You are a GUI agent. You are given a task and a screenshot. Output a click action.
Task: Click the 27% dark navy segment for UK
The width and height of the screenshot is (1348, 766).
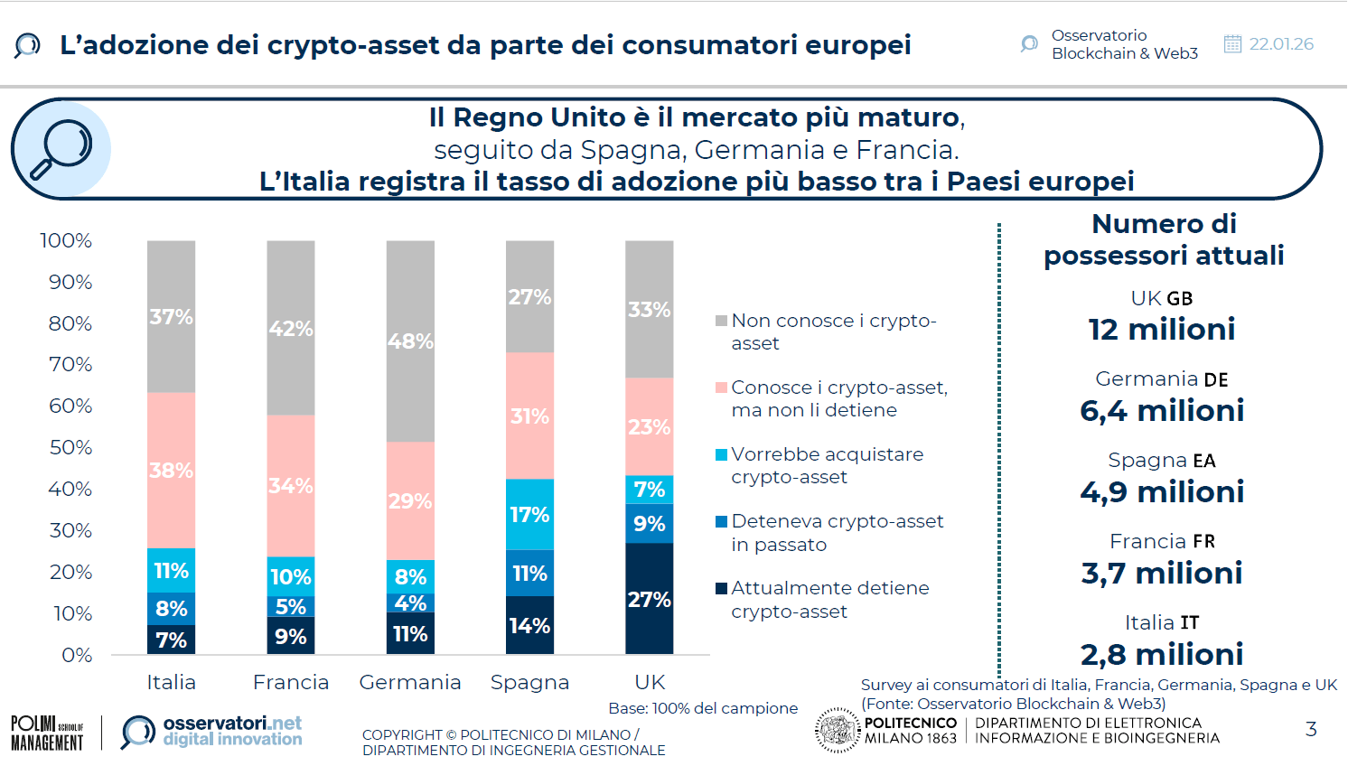(x=649, y=599)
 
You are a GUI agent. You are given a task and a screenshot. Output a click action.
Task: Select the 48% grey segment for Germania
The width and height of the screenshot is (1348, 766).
(x=410, y=341)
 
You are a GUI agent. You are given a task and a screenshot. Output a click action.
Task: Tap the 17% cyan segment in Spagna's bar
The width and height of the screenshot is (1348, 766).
(x=529, y=514)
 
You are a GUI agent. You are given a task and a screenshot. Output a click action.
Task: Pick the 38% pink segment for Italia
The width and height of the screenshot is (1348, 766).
(x=171, y=470)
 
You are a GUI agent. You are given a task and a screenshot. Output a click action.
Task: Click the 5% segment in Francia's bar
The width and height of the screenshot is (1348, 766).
(x=291, y=606)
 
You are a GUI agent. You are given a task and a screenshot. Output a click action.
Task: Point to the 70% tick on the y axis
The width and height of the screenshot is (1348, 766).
(x=70, y=365)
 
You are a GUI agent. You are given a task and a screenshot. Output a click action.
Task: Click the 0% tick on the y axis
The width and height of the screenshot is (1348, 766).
(x=77, y=655)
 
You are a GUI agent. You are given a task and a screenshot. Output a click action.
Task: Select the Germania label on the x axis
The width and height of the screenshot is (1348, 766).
(x=410, y=682)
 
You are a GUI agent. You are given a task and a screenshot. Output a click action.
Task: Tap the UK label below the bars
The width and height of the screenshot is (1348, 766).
(x=650, y=682)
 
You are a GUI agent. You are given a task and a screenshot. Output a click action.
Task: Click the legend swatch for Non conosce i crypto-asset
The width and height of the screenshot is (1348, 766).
(x=721, y=321)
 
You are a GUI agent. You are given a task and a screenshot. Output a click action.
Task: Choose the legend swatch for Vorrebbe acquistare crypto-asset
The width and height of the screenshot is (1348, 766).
(x=721, y=454)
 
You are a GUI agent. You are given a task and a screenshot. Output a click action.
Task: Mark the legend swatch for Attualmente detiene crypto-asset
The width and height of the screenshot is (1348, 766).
(x=721, y=588)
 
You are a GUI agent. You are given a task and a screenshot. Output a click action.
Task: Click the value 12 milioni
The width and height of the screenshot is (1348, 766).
(x=1161, y=330)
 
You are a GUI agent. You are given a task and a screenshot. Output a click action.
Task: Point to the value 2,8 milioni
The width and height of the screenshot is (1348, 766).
(x=1161, y=654)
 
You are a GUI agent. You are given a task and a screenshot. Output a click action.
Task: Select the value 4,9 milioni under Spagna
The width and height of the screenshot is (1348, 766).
(x=1161, y=492)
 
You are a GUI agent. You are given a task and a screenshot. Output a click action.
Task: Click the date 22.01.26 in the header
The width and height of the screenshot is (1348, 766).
(x=1280, y=44)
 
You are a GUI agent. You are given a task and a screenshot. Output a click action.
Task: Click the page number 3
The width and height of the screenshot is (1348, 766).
(x=1311, y=729)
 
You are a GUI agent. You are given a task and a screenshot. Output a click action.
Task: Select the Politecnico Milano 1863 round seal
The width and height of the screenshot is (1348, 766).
(x=837, y=730)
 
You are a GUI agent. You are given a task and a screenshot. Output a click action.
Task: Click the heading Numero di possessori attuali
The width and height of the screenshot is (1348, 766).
(x=1164, y=239)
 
